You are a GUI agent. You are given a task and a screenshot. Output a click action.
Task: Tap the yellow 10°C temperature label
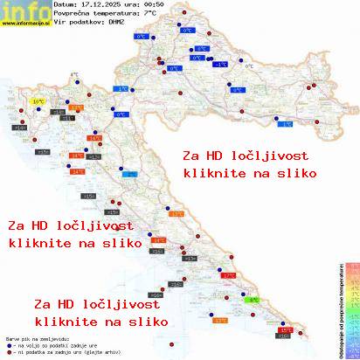click(x=38, y=102)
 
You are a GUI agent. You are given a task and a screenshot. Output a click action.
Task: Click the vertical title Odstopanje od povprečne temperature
click(x=337, y=306)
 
